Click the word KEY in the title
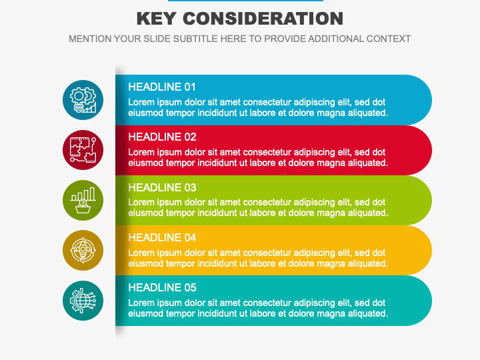point(156,19)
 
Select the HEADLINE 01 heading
point(162,87)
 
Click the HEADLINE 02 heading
point(162,137)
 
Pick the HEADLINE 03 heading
point(162,187)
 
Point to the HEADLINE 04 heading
point(162,237)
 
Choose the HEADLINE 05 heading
point(162,287)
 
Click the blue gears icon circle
point(83,100)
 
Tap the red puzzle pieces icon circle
point(83,150)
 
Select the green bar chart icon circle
point(83,200)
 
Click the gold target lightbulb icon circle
point(83,250)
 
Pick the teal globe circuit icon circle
point(83,301)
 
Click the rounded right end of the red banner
point(417,150)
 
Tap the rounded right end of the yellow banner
point(417,250)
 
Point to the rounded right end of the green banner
point(417,200)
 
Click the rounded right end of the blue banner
point(417,100)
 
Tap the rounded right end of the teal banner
point(417,301)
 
